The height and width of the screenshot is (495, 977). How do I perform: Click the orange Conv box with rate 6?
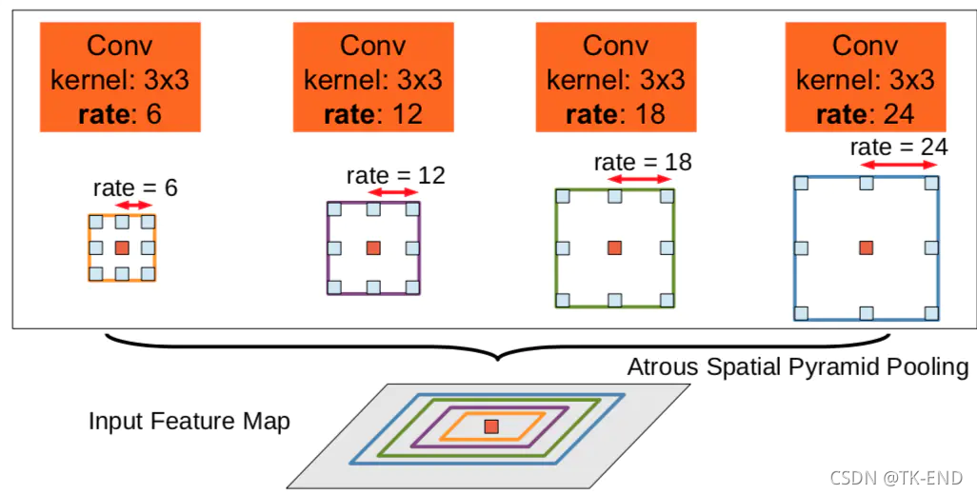coord(120,75)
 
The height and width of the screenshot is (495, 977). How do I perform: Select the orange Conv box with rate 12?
coord(372,75)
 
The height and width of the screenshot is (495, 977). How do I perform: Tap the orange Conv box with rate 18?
coord(615,75)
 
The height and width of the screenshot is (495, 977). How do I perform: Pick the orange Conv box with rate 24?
coord(865,75)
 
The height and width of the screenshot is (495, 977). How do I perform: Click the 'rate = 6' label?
coord(135,188)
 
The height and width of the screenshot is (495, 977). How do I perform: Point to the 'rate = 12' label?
coord(395,175)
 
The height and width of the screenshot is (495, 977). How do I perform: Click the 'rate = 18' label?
coord(642,162)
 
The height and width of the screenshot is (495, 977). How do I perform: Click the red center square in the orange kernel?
coord(122,247)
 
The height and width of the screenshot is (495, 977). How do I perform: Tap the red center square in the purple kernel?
coord(373,247)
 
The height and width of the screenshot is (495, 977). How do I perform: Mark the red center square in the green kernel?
coord(615,247)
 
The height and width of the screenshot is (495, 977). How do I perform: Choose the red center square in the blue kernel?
coord(866,247)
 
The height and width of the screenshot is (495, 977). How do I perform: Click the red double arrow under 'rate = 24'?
coord(899,164)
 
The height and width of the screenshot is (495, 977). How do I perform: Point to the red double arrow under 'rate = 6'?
coord(134,205)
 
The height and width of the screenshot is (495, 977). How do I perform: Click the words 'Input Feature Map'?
coord(189,421)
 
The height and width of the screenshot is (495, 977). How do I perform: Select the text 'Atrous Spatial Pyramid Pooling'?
coord(798,367)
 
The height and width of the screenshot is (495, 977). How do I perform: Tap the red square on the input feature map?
coord(490,426)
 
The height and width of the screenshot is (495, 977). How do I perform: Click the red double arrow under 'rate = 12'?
coord(393,192)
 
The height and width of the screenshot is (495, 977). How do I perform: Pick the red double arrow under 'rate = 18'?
coord(641,179)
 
